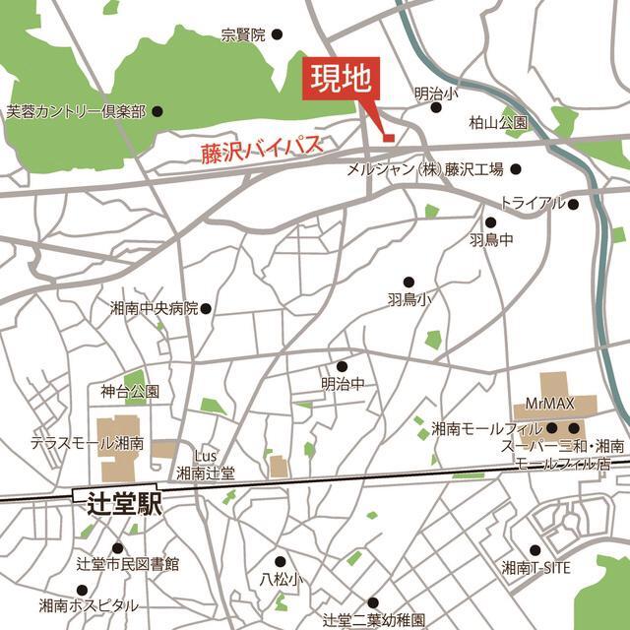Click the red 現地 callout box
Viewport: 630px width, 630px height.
tap(337, 79)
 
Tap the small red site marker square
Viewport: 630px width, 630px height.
tap(387, 136)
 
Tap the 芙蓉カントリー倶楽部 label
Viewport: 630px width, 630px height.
tap(76, 112)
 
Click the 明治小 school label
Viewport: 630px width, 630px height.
tap(436, 94)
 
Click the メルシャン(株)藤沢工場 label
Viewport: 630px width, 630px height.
tap(425, 169)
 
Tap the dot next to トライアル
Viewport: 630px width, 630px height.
tap(573, 204)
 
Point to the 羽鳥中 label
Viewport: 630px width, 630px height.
tap(491, 240)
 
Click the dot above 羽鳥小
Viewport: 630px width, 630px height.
tap(409, 282)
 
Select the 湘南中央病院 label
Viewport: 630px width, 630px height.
tap(154, 308)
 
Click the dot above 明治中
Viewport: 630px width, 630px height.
tap(343, 366)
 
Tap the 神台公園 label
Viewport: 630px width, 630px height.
tap(130, 392)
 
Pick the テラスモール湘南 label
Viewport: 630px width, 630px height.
tap(88, 444)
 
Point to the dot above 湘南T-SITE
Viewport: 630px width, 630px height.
tap(535, 550)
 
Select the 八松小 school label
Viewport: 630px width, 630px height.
tap(281, 579)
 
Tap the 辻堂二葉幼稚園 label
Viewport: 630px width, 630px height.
tap(374, 621)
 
